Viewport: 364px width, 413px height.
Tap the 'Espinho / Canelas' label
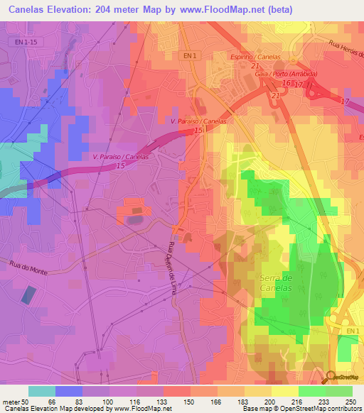(256, 57)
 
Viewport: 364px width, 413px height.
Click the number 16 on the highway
(286, 84)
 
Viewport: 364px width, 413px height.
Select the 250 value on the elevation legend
(350, 401)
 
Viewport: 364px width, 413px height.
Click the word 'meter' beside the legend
(12, 401)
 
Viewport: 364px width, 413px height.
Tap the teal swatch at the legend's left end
(42, 391)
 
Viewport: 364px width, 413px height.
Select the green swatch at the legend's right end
(339, 391)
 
